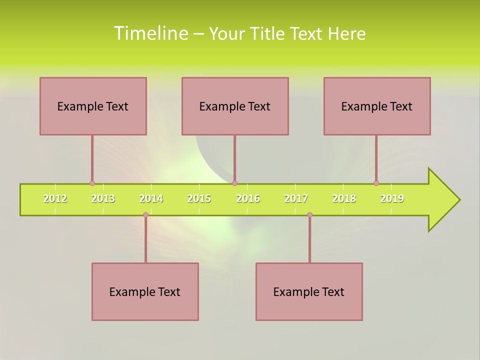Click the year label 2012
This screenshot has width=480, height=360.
[x=55, y=198]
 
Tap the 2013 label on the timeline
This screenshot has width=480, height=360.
[x=103, y=198]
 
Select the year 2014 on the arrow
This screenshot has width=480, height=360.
[x=151, y=198]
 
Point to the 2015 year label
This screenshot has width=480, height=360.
[x=199, y=198]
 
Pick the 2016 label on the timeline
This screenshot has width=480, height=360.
[x=248, y=198]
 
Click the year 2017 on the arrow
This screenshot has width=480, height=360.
[x=296, y=198]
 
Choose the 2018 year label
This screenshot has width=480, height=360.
[x=344, y=198]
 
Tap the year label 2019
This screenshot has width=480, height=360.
[x=392, y=198]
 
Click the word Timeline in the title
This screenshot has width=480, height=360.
[x=150, y=33]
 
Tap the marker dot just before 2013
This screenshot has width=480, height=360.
[x=92, y=183]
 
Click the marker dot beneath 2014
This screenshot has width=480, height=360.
[x=145, y=215]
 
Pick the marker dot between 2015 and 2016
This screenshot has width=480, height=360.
[x=234, y=183]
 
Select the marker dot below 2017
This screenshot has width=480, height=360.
[x=309, y=215]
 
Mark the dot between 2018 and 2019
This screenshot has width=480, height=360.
[x=376, y=183]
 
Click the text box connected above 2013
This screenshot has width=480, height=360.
[x=93, y=106]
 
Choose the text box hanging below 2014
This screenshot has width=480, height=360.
[x=145, y=291]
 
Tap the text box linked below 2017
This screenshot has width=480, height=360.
[x=309, y=291]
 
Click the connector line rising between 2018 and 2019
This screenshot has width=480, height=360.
[x=376, y=159]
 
